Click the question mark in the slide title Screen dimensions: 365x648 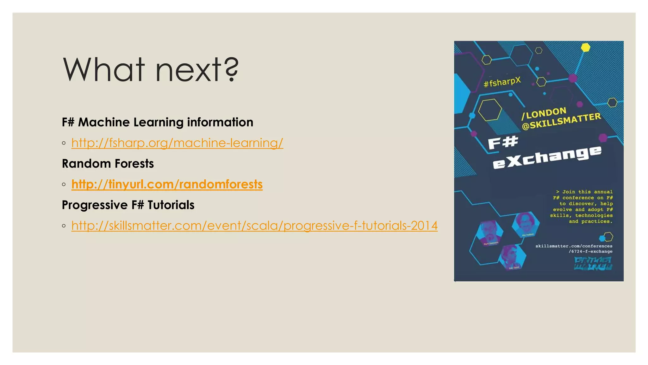232,70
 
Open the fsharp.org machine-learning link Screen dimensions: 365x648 177,143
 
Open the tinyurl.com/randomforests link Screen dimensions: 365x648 167,184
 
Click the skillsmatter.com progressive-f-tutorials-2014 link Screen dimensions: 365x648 254,226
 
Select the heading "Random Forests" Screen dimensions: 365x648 108,164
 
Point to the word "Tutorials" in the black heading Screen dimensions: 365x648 171,205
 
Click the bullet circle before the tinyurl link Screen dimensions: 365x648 64,184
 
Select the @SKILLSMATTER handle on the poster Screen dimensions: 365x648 561,121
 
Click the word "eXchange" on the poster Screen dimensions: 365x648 547,157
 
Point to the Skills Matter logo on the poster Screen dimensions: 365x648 593,264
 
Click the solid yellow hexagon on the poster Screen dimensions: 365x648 586,48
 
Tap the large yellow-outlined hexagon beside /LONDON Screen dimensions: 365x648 490,110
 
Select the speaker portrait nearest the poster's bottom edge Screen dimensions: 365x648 513,258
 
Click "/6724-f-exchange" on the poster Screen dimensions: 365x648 590,252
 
